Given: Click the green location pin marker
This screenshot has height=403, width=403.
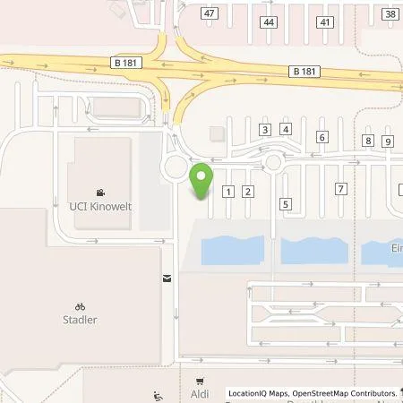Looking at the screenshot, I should coord(203,181).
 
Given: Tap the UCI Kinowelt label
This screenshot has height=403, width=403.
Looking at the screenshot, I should coord(100,207).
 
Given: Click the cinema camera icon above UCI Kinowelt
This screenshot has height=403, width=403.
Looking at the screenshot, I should coord(100,193).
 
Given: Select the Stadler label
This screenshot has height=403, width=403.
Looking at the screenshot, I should coord(80,319).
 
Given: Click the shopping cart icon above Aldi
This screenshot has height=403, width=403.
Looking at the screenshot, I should coord(199,380).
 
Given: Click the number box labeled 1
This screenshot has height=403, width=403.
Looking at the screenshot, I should coord(228,191).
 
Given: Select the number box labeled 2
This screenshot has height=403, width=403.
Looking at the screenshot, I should coord(249,191).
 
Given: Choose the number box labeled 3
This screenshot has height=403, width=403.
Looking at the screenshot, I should coord(264,130).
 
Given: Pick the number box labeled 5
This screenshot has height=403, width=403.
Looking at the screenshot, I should coord(285,204).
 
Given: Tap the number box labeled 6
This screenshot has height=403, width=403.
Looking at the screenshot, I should coord(322,137).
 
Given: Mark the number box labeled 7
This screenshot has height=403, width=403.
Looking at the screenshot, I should coord(340,188).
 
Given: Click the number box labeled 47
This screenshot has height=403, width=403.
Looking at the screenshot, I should coord(209,14).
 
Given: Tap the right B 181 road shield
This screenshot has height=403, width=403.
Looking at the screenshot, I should coord(304,70).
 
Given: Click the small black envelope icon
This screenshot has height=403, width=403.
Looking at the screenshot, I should coord(167,278).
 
